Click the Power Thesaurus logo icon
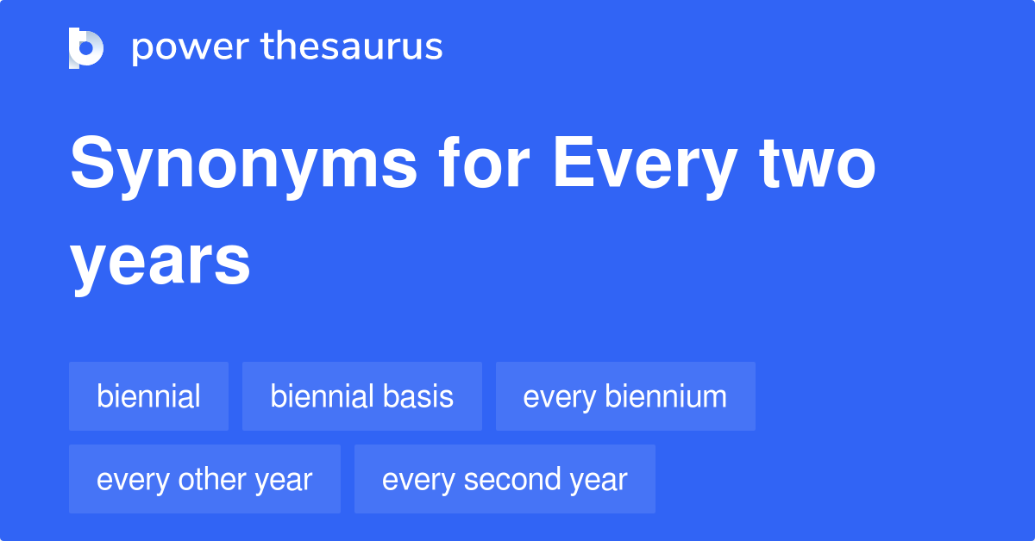[x=86, y=47]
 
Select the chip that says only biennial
[x=148, y=396]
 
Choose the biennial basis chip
[x=361, y=396]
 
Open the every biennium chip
[x=625, y=396]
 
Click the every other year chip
[x=204, y=479]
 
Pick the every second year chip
[x=505, y=479]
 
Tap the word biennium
[x=666, y=396]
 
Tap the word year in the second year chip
[x=600, y=480]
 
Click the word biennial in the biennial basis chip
[x=323, y=396]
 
